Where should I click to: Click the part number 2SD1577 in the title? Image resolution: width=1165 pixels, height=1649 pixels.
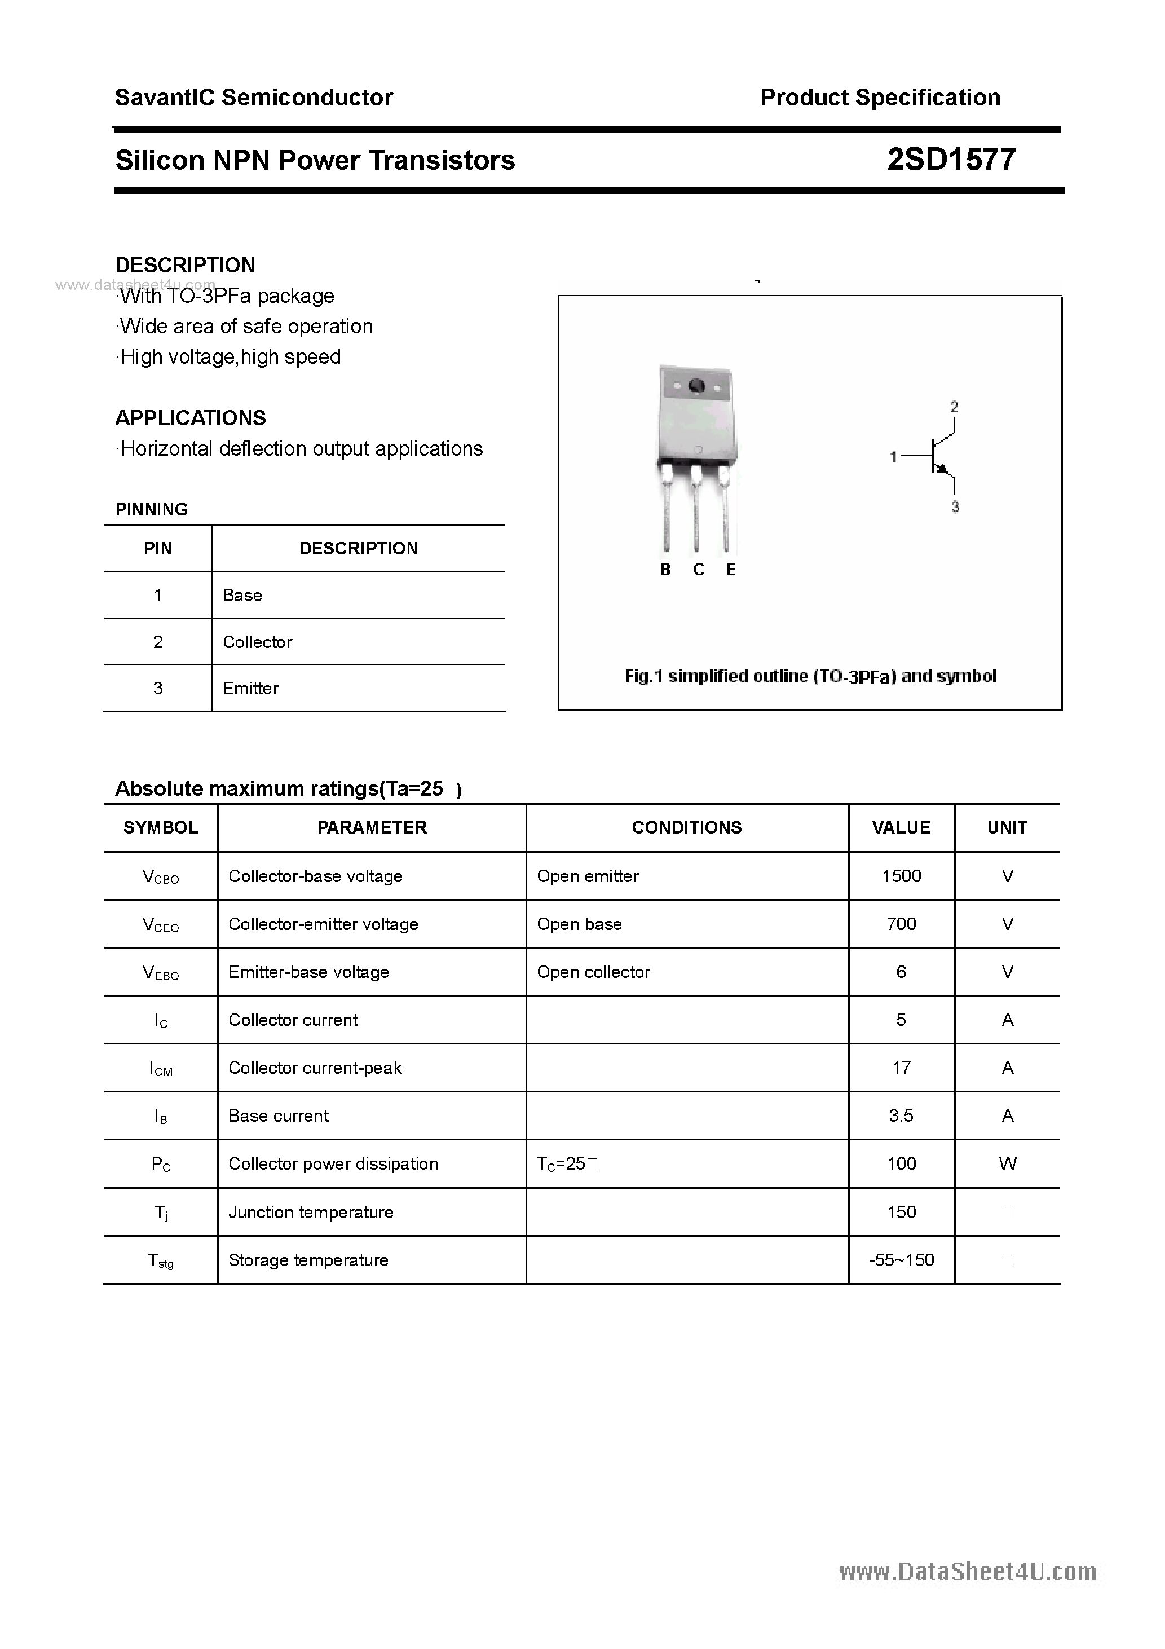(950, 160)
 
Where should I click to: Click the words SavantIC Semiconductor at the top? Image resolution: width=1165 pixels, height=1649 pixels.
(254, 98)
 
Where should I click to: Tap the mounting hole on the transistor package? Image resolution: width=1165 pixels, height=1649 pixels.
(696, 387)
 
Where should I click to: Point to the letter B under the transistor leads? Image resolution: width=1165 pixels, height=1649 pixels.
(665, 570)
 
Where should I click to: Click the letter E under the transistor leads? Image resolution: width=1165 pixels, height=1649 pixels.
(730, 570)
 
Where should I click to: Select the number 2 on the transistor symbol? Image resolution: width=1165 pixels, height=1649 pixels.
(954, 407)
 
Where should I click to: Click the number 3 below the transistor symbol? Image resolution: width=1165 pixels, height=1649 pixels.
(955, 507)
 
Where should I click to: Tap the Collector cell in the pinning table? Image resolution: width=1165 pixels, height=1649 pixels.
(257, 642)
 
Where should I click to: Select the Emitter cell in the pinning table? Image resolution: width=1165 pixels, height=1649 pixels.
(251, 689)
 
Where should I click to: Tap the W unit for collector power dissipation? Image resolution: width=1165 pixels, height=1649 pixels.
(1007, 1163)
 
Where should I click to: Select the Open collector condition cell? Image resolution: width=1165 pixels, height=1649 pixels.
(593, 972)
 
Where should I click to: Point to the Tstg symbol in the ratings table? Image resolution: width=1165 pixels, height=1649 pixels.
(161, 1260)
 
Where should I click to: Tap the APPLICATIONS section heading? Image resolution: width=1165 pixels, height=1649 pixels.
(191, 418)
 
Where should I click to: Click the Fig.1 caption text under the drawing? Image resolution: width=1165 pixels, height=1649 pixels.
(810, 677)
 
